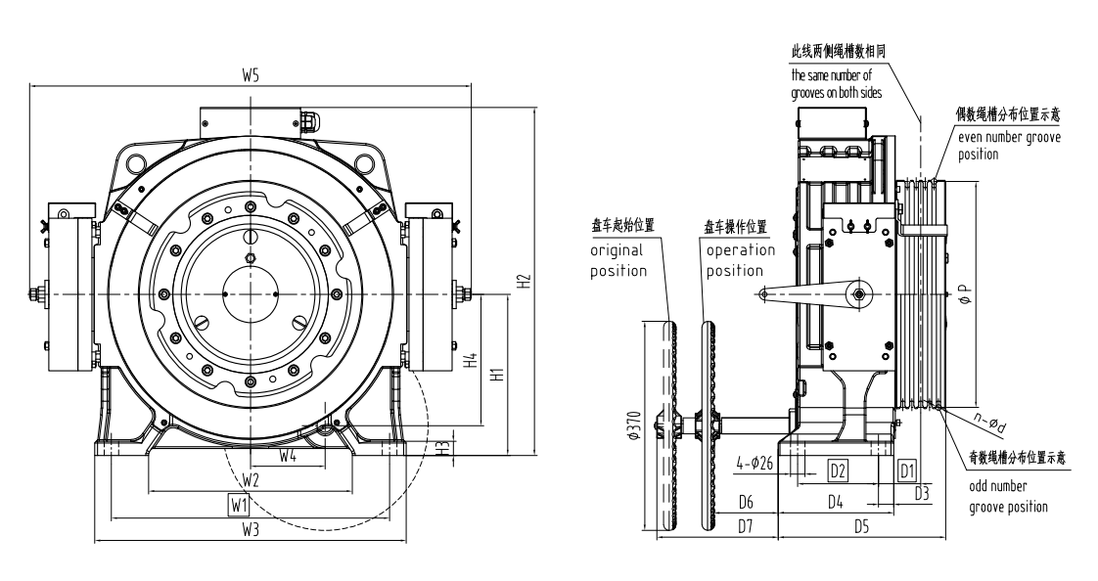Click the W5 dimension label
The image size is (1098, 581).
250,77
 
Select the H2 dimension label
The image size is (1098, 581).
525,280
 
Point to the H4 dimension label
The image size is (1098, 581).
471,361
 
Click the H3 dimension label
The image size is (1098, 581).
443,448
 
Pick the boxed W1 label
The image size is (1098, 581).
239,505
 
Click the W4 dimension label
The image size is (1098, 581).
288,456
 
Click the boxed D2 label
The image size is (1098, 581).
837,469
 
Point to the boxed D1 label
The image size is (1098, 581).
906,469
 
